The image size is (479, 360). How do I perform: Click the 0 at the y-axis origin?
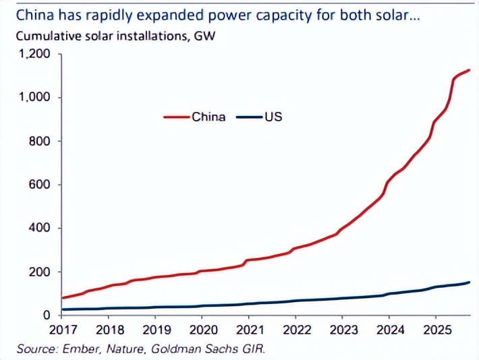tap(47, 316)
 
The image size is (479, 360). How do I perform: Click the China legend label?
tap(208, 117)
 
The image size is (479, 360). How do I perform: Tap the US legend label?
tap(274, 117)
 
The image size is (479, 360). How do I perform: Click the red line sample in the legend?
tap(177, 117)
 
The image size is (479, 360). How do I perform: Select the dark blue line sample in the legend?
tap(249, 117)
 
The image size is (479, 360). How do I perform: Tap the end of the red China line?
tap(469, 70)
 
